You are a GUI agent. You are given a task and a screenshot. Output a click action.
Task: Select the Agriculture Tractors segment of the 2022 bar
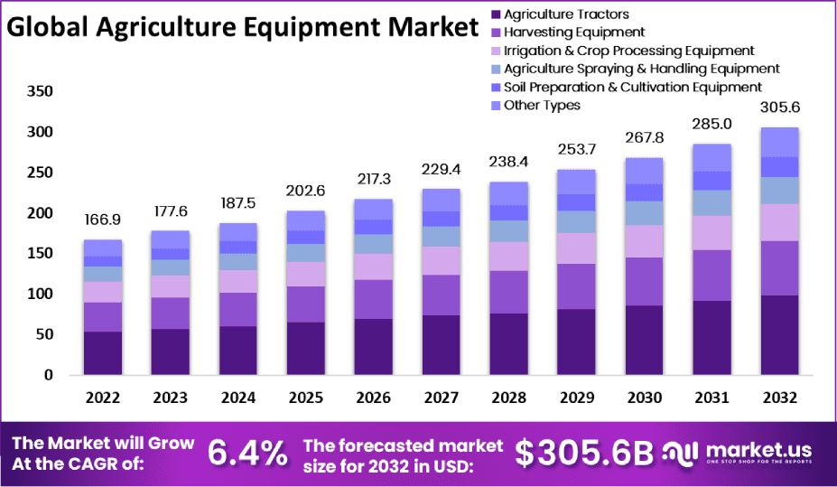pyautogui.click(x=103, y=352)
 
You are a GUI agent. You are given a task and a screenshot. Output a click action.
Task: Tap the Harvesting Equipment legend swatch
pyautogui.click(x=495, y=33)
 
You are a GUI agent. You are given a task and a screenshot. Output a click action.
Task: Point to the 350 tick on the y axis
pyautogui.click(x=41, y=91)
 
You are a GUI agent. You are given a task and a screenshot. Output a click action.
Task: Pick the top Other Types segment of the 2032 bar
pyautogui.click(x=778, y=142)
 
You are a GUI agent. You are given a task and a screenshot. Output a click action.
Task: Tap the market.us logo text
pyautogui.click(x=758, y=449)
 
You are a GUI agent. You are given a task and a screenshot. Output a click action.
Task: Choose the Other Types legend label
pyautogui.click(x=542, y=105)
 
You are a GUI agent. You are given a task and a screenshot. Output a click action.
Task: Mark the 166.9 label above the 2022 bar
pyautogui.click(x=103, y=220)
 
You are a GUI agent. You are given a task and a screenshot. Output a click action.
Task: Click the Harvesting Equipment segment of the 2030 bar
pyautogui.click(x=643, y=281)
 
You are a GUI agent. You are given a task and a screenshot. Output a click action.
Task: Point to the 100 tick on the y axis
pyautogui.click(x=41, y=294)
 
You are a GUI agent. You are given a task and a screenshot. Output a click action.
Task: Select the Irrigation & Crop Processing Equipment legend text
pyautogui.click(x=628, y=51)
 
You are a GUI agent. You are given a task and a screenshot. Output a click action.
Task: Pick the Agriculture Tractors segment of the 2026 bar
pyautogui.click(x=373, y=346)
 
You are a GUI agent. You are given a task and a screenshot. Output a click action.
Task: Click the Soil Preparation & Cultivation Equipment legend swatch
pyautogui.click(x=495, y=87)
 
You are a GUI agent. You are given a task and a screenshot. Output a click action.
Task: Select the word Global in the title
pyautogui.click(x=46, y=28)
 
